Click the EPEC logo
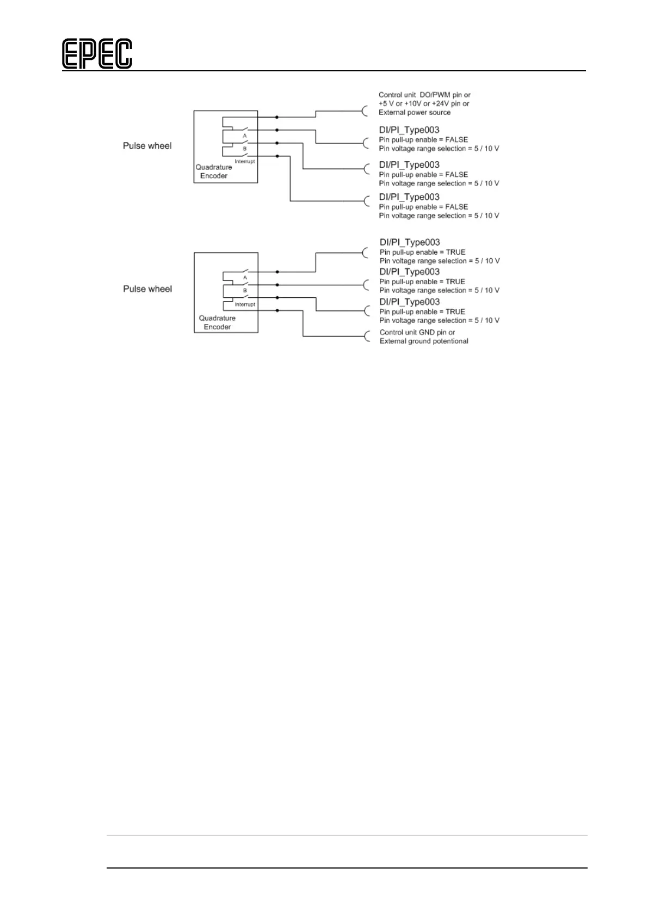97,54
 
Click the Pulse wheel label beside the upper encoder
147,146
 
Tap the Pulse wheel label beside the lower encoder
147,289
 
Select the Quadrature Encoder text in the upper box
214,172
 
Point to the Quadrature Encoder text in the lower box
217,322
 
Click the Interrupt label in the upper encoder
245,162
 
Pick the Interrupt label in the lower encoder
245,304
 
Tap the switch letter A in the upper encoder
245,136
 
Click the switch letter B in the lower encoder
245,291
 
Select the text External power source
415,113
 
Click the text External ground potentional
424,341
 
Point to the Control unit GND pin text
417,333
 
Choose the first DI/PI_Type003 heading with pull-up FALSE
409,130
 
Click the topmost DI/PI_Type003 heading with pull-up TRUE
410,242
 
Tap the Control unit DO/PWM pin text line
424,95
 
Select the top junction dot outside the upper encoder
277,117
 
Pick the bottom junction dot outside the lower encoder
277,310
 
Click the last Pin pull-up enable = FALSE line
423,207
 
